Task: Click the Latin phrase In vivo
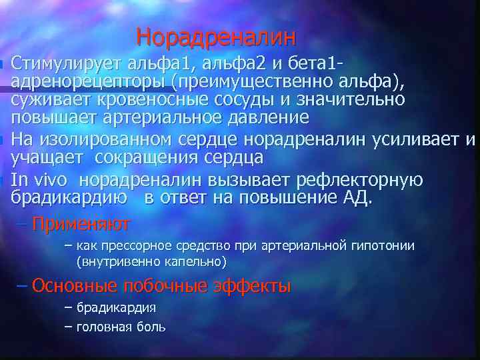click(39, 181)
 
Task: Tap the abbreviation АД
click(357, 198)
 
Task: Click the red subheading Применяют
click(81, 223)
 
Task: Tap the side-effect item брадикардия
click(116, 308)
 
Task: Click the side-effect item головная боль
click(121, 327)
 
